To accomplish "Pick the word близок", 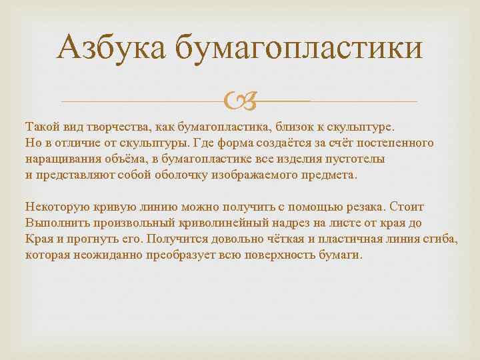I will tap(287, 127).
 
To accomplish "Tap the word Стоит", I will tap(408, 207).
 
